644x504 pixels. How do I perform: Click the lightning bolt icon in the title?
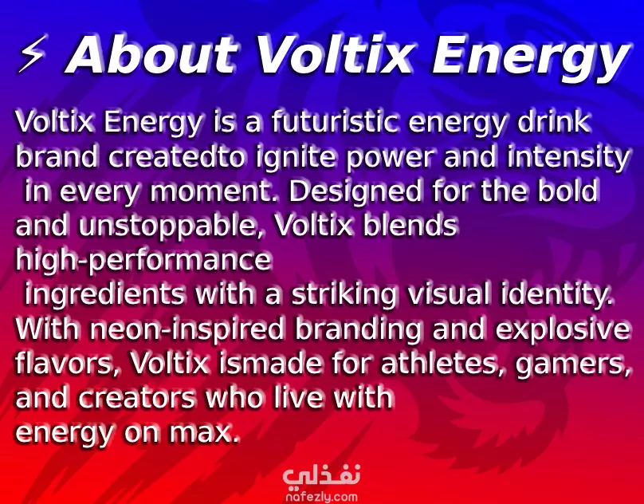31,53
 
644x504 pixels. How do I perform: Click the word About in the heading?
152,54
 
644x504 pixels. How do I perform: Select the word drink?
554,122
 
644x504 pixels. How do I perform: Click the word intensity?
568,158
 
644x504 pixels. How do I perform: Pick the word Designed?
355,191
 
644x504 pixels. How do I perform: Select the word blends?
410,225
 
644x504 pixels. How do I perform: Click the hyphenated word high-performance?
143,261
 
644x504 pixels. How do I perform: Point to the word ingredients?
104,295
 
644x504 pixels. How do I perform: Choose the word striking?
344,295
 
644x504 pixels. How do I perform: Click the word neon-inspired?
187,329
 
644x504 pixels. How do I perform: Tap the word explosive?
563,329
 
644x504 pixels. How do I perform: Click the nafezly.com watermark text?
321,497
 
